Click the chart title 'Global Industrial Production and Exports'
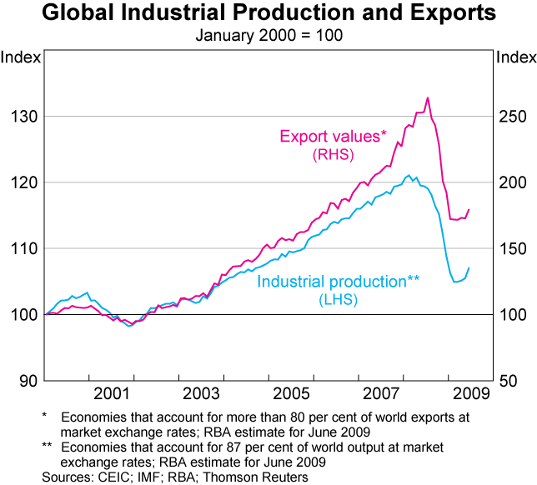tap(268, 14)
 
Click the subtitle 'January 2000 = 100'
tap(268, 35)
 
